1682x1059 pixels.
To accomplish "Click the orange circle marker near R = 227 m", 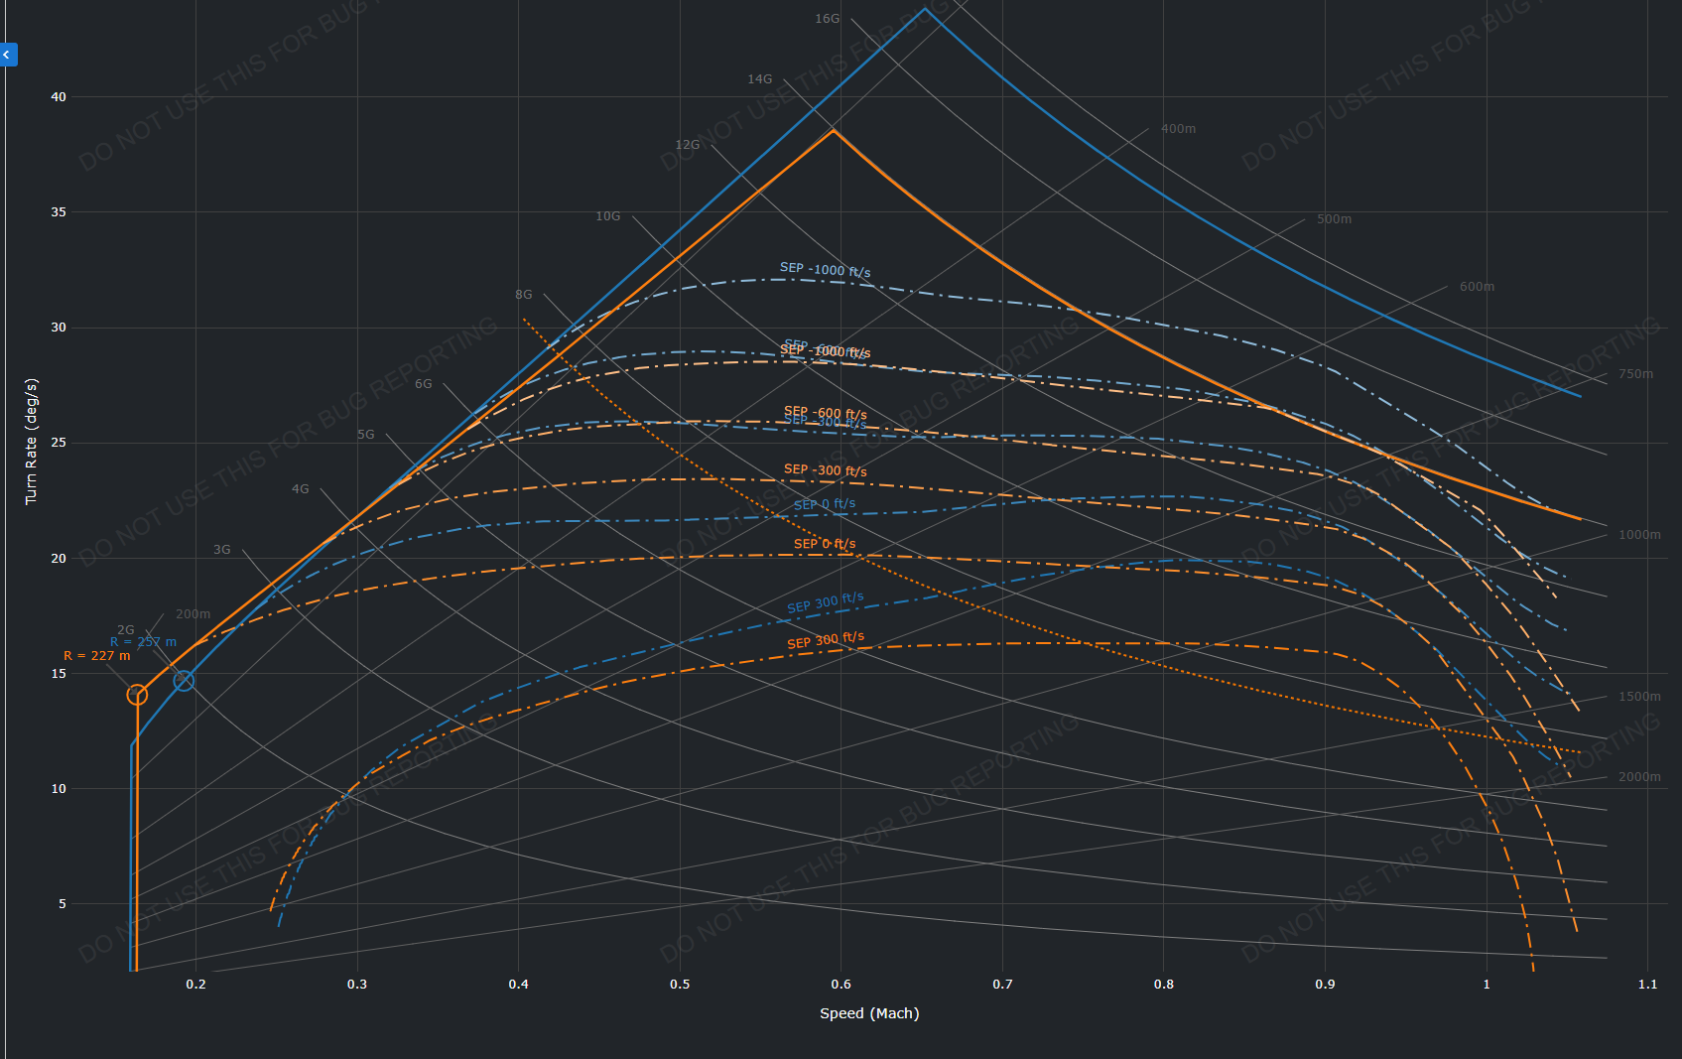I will point(137,695).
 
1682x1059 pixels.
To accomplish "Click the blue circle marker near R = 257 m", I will point(184,681).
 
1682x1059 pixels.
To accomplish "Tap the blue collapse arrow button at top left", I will point(8,55).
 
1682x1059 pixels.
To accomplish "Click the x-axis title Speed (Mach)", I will point(869,1013).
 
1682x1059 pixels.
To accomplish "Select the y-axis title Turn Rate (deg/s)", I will point(31,441).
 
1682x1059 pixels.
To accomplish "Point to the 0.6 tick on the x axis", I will point(841,985).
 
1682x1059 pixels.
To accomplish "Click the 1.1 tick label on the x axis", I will point(1647,985).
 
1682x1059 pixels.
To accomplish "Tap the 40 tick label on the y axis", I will point(59,97).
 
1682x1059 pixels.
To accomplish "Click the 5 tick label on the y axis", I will point(63,904).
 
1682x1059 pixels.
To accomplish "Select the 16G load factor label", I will point(827,19).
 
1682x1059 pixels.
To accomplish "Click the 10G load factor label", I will point(607,216).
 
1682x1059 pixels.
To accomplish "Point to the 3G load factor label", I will point(221,550).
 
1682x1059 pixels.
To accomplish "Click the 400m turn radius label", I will point(1178,129).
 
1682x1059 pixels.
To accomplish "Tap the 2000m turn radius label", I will point(1639,777).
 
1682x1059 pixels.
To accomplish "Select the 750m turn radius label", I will point(1635,374).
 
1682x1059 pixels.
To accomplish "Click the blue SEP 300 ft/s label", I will point(825,602).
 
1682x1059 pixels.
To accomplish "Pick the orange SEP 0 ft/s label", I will point(824,544).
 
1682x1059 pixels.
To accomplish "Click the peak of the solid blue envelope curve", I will point(925,9).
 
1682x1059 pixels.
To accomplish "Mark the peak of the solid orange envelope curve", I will point(834,130).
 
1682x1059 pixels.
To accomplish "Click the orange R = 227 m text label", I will point(97,656).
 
